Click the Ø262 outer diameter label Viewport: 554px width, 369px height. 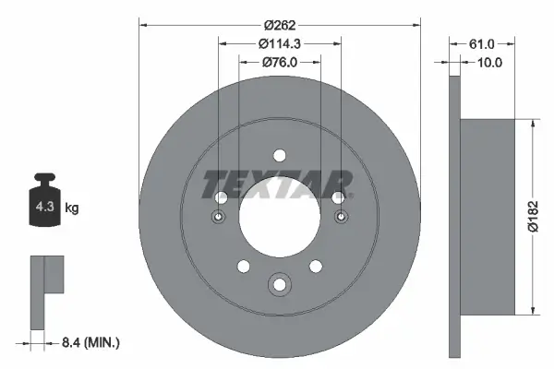280,25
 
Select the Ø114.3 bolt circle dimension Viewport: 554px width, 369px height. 280,43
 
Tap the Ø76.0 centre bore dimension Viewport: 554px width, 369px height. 280,63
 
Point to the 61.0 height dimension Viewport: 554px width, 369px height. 482,43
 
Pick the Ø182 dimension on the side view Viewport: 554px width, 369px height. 533,217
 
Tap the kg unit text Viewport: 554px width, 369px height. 72,208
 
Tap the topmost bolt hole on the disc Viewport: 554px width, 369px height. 280,154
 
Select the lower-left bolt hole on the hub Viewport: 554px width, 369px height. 244,266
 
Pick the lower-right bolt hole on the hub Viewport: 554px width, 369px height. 316,266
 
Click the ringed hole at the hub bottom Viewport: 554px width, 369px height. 280,285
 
